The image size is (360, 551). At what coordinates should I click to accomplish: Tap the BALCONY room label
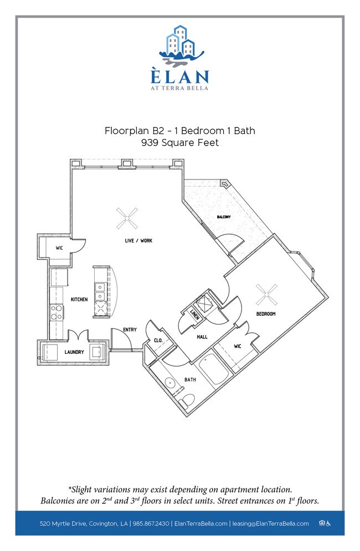point(224,217)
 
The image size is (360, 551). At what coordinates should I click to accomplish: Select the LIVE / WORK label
point(138,241)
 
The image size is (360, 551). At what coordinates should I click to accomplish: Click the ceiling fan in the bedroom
point(266,295)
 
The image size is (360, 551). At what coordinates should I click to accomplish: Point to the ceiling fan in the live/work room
point(127,218)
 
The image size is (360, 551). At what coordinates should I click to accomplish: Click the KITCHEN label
point(79,300)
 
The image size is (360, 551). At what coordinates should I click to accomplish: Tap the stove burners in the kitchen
point(56,312)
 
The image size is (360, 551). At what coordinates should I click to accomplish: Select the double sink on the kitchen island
point(100,291)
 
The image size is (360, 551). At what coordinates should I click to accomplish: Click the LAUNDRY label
point(74,352)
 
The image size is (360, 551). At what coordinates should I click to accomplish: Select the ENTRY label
point(130,329)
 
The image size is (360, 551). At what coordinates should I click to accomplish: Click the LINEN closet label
point(195,315)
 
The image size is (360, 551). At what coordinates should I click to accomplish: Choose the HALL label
point(202,337)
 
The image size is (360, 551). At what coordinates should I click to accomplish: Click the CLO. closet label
point(158,341)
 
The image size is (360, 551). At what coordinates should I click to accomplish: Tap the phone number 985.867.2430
point(151,524)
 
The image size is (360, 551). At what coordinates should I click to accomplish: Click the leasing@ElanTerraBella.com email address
point(270,524)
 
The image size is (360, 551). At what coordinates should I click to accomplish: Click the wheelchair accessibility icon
point(328,524)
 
